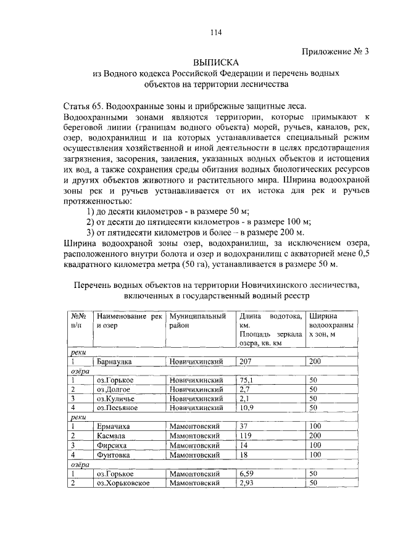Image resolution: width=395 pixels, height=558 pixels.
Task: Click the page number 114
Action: tap(215, 33)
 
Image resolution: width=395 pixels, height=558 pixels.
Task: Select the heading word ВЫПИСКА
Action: tap(215, 63)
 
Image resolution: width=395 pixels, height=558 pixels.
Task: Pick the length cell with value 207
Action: tap(246, 362)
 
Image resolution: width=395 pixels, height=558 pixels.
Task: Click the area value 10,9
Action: tap(247, 408)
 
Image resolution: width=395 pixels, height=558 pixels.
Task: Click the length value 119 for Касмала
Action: tap(246, 436)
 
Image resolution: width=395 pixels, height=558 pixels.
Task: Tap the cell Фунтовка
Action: tap(114, 454)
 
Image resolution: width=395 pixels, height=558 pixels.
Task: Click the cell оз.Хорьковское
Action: tap(124, 482)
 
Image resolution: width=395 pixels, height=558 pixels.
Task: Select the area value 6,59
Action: tap(247, 473)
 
